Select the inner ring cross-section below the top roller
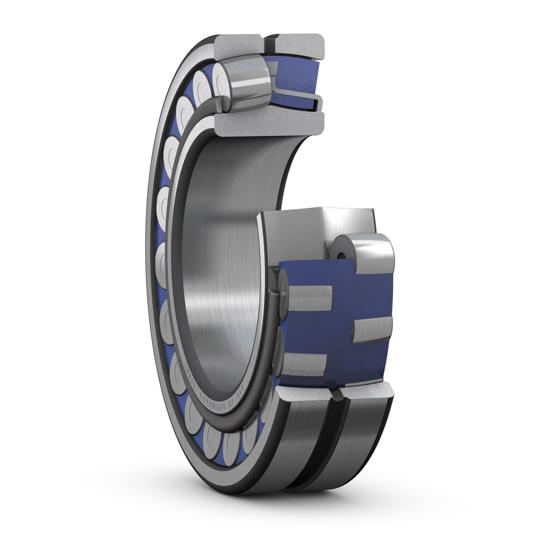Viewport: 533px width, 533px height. [270, 123]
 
